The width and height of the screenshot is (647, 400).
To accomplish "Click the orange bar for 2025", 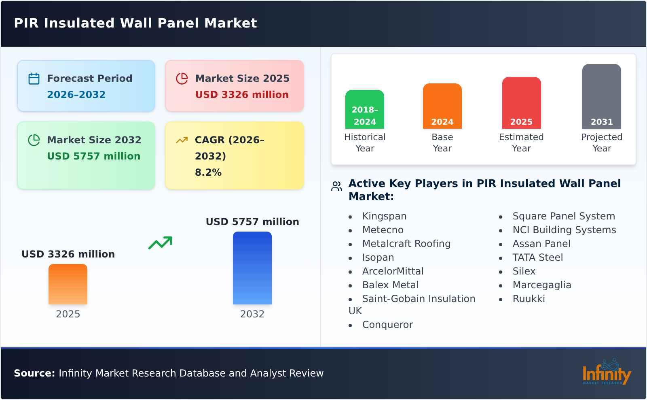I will point(68,284).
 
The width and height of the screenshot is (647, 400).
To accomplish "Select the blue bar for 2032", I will point(252,268).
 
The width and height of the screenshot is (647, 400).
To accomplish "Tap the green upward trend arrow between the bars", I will point(160,243).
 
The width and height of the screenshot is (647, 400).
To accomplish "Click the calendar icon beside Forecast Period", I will point(34,79).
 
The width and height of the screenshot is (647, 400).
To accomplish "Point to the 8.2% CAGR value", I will point(208,172).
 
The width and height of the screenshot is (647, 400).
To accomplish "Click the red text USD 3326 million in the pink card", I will point(242,95).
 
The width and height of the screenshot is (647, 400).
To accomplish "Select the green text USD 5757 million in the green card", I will point(93,156).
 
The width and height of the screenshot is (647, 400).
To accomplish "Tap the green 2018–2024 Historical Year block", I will point(364,109).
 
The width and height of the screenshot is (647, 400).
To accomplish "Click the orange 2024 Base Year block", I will point(442,106).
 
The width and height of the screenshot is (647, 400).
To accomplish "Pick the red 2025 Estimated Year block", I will point(521,103).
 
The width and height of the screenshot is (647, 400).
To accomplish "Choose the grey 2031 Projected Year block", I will point(601,96).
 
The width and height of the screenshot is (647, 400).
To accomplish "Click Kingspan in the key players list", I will point(384,216).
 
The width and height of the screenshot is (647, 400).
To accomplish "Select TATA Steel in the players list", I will point(537,257).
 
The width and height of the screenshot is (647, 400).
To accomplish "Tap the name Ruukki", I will point(529,299).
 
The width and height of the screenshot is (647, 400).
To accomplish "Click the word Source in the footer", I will point(34,373).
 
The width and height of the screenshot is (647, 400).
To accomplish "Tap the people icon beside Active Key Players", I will point(336,186).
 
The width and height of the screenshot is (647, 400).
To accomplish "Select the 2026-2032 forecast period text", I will point(76,95).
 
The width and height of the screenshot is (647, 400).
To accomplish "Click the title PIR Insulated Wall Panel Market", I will point(135,23).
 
